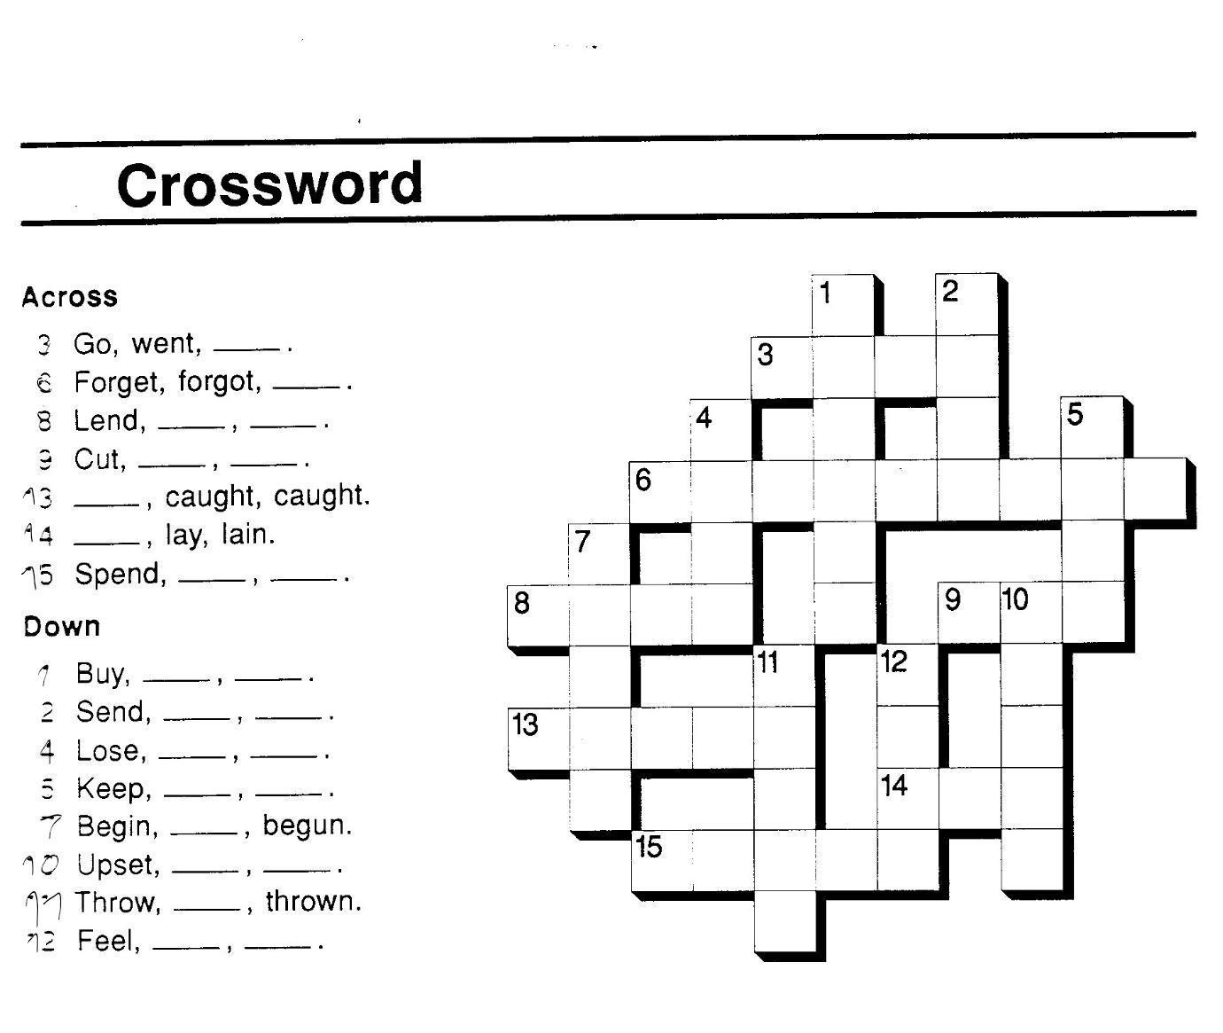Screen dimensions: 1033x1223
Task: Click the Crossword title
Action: tap(269, 184)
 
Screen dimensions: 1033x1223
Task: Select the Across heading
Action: tap(69, 296)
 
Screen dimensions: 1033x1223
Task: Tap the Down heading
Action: tap(61, 627)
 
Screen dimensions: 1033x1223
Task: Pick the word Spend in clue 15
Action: tap(120, 574)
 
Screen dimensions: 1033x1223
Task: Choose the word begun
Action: tap(307, 826)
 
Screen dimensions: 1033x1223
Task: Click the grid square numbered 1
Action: tap(843, 305)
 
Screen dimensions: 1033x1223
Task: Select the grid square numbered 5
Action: tap(1092, 427)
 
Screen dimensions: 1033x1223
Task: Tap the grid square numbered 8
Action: tap(538, 615)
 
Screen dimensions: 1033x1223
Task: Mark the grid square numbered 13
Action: tap(538, 738)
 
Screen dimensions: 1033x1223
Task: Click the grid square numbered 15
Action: tap(662, 860)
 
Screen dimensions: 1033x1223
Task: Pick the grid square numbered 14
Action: tap(908, 798)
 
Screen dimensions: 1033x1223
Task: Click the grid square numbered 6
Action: tap(660, 491)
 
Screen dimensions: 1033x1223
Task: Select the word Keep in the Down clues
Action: tap(113, 788)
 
